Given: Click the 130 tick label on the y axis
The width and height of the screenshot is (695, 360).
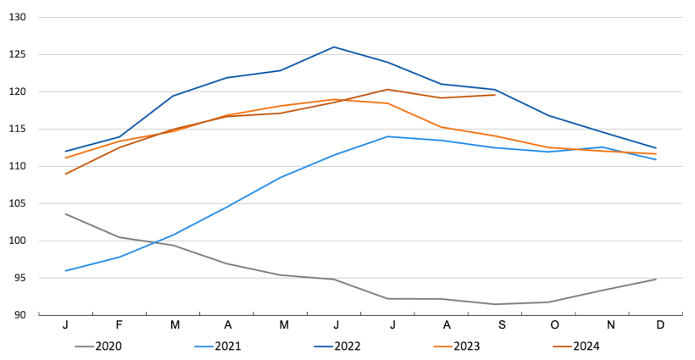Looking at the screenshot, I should pos(18,17).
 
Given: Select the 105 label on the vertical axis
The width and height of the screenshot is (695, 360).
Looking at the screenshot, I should pos(18,203).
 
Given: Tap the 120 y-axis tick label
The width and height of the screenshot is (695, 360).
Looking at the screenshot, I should pos(18,91).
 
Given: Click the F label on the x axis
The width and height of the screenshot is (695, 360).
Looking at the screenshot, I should pos(119,326).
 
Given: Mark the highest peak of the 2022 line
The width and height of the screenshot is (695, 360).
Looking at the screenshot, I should pos(334,47).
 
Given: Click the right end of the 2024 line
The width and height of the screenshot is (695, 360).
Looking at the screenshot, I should pos(495,95).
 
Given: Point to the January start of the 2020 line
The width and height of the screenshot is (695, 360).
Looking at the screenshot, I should pos(65,213).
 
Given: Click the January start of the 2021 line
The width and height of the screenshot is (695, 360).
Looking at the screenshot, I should pos(65,271).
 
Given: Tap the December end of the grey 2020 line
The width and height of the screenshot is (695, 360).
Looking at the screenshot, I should pos(655,280).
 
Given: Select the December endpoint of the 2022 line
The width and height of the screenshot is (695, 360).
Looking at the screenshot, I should pos(655,148).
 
